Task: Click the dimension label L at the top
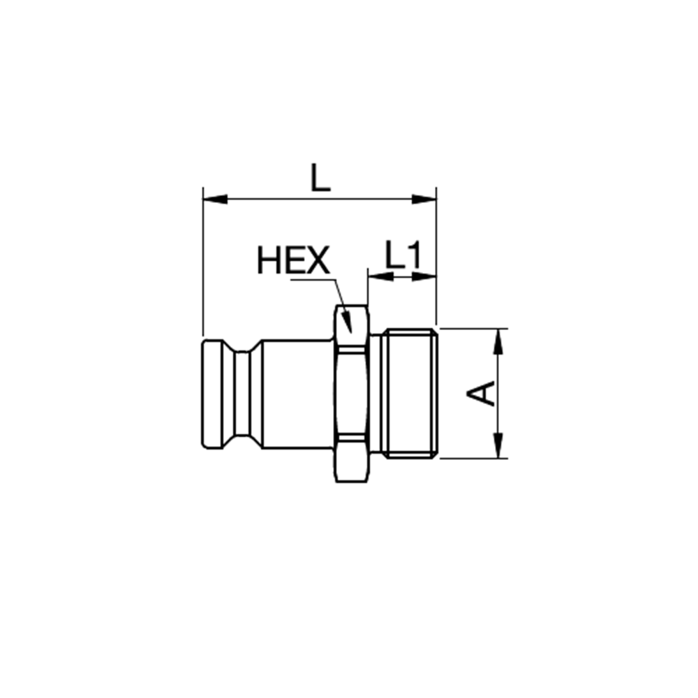click(x=320, y=177)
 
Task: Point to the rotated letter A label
click(x=481, y=393)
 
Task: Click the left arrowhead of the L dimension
click(x=215, y=199)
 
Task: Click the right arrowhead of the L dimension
click(x=424, y=199)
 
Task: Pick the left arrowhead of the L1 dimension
click(x=381, y=276)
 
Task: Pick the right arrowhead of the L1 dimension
click(x=424, y=276)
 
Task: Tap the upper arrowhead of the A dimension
click(x=498, y=341)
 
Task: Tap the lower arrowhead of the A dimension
click(x=498, y=445)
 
